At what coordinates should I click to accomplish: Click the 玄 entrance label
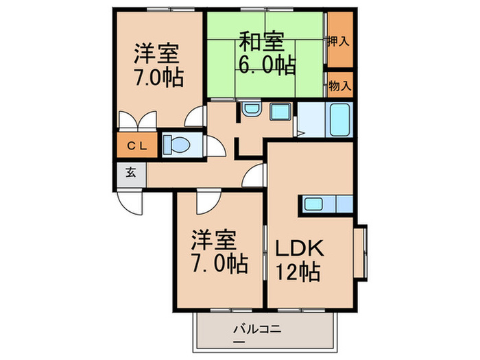pos(130,171)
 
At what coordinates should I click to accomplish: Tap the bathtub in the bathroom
pos(340,121)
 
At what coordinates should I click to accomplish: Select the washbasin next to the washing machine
pos(250,110)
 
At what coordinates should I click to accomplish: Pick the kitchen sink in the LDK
pos(315,204)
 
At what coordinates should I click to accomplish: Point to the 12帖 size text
pos(298,272)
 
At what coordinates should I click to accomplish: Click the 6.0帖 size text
pos(267,66)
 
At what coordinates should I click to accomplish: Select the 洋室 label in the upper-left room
pos(157,53)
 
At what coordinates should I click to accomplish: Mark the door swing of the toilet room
pos(215,145)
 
